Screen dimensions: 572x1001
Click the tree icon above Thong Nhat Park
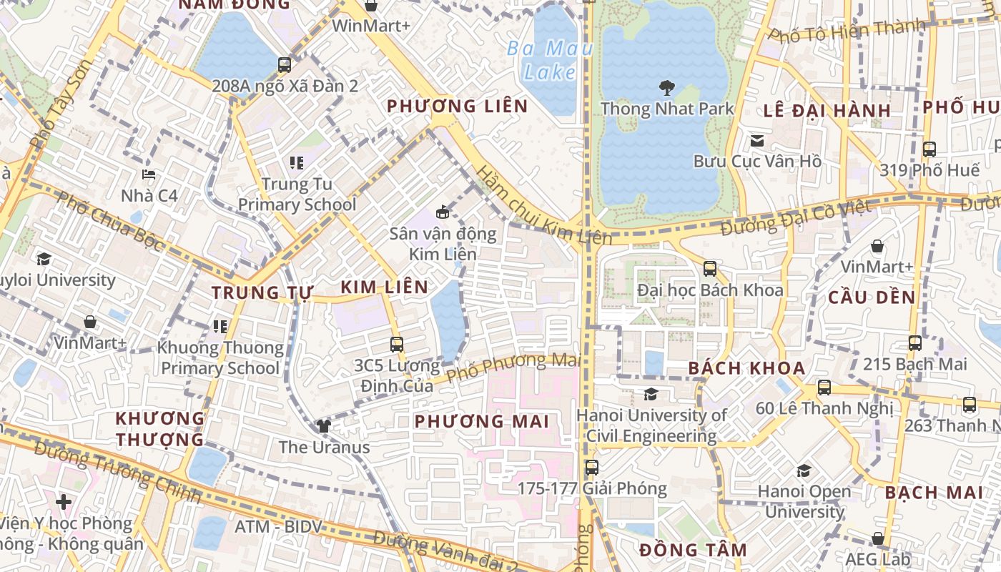tap(667, 89)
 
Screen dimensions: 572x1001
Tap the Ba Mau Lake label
tap(551, 60)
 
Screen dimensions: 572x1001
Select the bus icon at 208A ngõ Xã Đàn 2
tap(285, 65)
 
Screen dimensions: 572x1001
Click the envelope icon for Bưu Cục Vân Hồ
tap(757, 141)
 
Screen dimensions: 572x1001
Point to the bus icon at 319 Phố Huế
tap(929, 149)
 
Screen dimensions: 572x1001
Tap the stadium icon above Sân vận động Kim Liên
tap(443, 212)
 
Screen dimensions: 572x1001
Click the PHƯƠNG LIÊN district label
tap(458, 107)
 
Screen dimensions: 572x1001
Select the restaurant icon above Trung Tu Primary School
tap(297, 163)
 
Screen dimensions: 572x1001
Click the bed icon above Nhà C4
tap(149, 174)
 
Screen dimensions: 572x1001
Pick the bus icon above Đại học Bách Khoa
tap(710, 269)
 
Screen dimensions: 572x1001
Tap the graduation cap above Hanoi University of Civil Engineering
tap(651, 394)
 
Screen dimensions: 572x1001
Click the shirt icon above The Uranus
tap(324, 426)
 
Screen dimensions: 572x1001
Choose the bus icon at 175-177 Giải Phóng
tap(592, 468)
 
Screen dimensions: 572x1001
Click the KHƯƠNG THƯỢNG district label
tap(160, 428)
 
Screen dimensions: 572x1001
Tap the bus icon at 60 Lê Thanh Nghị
tap(824, 388)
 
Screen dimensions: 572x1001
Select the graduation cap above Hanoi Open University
tap(804, 470)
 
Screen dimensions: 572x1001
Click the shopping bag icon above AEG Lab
tap(878, 538)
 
